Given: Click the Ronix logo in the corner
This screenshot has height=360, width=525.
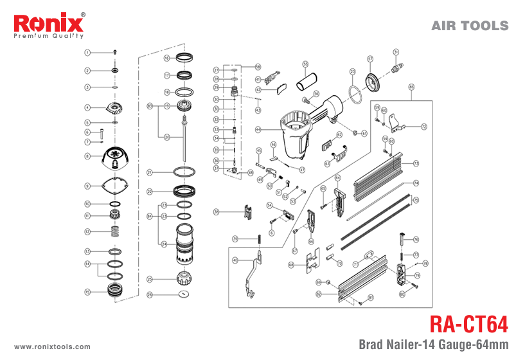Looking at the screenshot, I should (x=49, y=26).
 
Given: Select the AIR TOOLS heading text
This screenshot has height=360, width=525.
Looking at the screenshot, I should (x=470, y=26).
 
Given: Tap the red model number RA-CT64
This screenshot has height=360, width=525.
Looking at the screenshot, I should (x=468, y=322).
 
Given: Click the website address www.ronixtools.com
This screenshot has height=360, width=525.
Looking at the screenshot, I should (x=52, y=345).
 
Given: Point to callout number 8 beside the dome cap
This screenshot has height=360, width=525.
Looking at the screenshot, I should (x=87, y=156).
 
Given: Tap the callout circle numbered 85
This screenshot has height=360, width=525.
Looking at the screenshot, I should (x=411, y=87).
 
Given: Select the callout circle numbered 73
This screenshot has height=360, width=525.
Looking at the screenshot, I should (x=416, y=163).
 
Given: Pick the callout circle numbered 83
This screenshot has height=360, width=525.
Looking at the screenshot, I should (x=150, y=105).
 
